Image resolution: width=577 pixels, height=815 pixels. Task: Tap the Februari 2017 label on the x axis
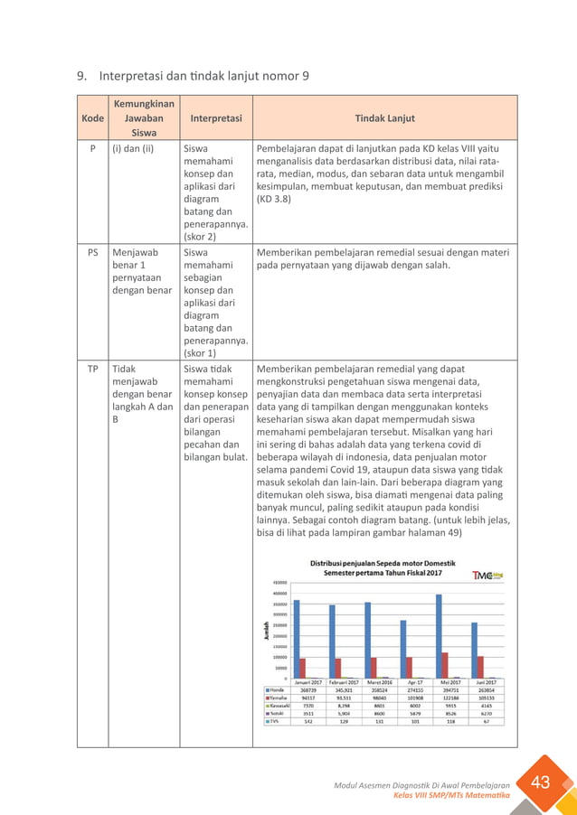click(x=344, y=681)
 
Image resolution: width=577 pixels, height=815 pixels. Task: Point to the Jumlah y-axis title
click(x=266, y=631)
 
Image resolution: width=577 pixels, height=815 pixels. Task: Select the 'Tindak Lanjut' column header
click(x=384, y=117)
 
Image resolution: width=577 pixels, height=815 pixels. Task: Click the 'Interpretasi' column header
click(x=215, y=117)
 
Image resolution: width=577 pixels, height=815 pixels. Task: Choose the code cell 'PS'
click(x=92, y=253)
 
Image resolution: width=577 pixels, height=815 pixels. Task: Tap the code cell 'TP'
click(x=92, y=369)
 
